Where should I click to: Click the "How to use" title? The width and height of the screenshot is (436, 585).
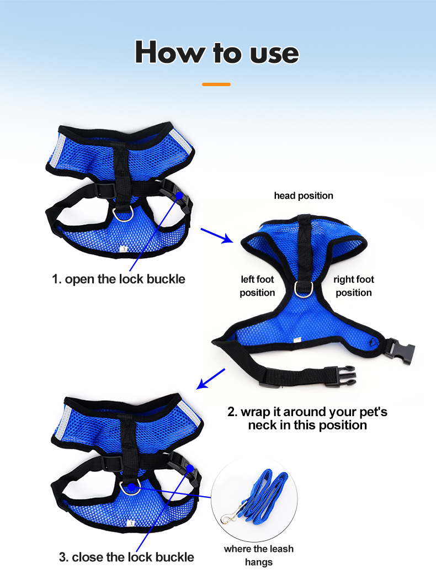pos(217,52)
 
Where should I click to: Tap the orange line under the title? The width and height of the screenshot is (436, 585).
pos(216,84)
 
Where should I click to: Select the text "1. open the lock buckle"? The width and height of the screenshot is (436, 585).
pos(119,279)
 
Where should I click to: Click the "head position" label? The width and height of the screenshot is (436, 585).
pos(304,195)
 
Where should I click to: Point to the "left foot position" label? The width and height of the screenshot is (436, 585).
pos(257,286)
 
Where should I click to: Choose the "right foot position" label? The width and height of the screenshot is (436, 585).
pos(354,286)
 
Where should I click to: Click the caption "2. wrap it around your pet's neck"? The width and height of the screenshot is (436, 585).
pos(307,418)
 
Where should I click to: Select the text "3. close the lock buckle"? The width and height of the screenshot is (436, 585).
pos(126,557)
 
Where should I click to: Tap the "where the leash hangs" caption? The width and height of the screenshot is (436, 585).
pos(258,555)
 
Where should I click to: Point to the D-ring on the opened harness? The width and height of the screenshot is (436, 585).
pos(302,288)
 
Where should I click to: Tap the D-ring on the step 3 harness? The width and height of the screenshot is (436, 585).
pos(129,486)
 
